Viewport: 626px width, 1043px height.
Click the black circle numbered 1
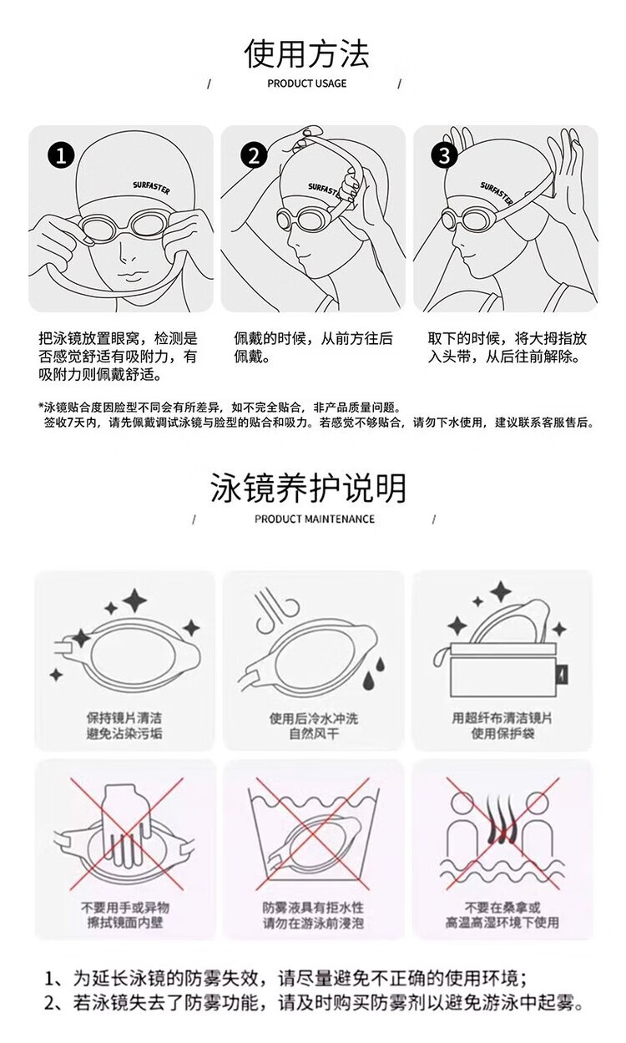(x=61, y=155)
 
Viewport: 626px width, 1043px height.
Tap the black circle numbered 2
(x=254, y=155)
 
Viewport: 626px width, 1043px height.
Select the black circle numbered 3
(x=445, y=155)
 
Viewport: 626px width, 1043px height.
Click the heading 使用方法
(x=306, y=54)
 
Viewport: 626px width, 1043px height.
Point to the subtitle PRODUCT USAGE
(x=306, y=84)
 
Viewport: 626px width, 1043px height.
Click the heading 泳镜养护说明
(x=308, y=488)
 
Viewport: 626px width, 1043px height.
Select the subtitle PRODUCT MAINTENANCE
(x=314, y=519)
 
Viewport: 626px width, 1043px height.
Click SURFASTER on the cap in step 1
(x=151, y=188)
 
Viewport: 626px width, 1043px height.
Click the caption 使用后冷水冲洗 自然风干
(x=314, y=726)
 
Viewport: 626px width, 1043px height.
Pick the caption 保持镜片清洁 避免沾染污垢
(x=124, y=726)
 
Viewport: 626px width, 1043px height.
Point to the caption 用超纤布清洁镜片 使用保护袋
(x=502, y=726)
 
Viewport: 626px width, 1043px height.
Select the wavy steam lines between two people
(x=502, y=819)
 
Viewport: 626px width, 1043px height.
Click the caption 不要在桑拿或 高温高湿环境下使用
(x=502, y=915)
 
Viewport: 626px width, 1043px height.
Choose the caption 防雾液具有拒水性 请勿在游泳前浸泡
(x=313, y=915)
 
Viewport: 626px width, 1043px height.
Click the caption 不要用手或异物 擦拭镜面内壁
(x=125, y=915)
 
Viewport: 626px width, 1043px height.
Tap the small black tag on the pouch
(x=563, y=674)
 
